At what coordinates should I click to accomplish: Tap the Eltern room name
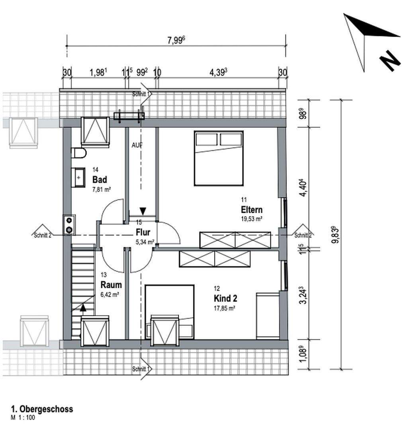tap(252, 210)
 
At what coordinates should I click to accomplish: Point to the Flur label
tap(143, 233)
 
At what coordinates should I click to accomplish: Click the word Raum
tap(111, 285)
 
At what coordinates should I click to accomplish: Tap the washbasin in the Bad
tap(78, 177)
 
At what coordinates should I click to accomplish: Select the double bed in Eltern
tap(219, 158)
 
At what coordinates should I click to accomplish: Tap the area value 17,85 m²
tap(225, 307)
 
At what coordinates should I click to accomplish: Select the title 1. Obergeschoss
tap(42, 409)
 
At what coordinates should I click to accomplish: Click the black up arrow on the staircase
tap(82, 307)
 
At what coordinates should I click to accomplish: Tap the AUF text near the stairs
tap(137, 145)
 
